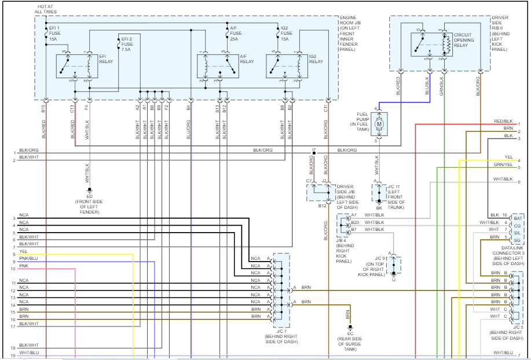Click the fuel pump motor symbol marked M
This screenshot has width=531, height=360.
(380, 123)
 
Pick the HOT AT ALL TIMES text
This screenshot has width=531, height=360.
(46, 8)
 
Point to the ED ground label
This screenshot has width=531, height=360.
(90, 195)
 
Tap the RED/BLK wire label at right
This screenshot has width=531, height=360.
(503, 121)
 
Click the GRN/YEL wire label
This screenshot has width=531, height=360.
(504, 164)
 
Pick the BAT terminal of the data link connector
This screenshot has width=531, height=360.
(518, 218)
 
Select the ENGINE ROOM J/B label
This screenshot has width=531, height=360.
(358, 25)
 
